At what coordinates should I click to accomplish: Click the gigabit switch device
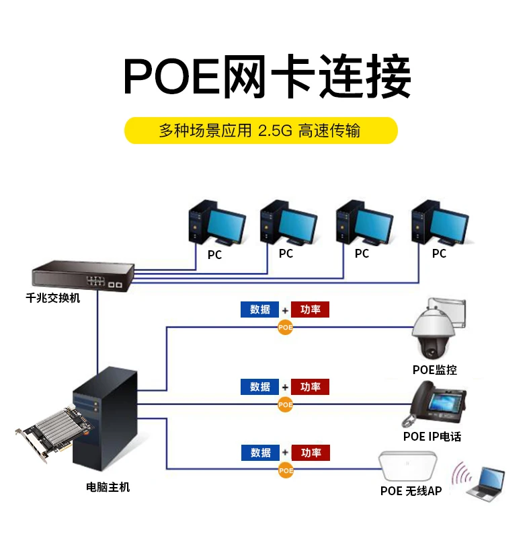[x=82, y=276]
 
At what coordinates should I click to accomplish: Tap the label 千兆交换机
[x=53, y=298]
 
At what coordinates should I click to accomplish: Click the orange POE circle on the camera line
[x=286, y=327]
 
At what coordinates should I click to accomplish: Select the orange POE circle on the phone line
[x=286, y=404]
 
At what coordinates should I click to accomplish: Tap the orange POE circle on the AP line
[x=286, y=470]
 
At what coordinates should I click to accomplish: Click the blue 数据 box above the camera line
[x=260, y=309]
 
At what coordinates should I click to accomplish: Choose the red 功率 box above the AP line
[x=311, y=453]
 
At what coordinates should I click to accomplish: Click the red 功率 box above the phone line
[x=311, y=387]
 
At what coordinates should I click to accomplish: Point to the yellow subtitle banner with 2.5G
[x=261, y=130]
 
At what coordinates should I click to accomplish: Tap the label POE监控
[x=435, y=369]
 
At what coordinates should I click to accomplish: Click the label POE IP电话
[x=432, y=436]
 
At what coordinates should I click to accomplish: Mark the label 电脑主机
[x=108, y=487]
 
